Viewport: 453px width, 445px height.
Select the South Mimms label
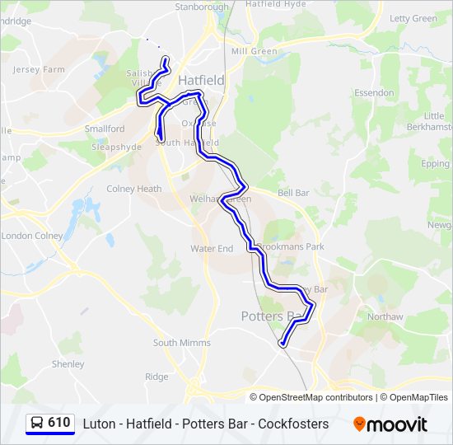pyautogui.click(x=181, y=343)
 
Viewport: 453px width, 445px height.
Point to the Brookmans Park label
pyautogui.click(x=290, y=246)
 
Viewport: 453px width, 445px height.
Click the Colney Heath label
pyautogui.click(x=134, y=189)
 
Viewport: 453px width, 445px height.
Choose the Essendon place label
pyautogui.click(x=374, y=93)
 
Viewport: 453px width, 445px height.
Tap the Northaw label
pyautogui.click(x=385, y=316)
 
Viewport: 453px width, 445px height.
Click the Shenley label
pyautogui.click(x=68, y=363)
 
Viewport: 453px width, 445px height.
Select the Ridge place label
pyautogui.click(x=156, y=377)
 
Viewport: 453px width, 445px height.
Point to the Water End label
pyautogui.click(x=212, y=248)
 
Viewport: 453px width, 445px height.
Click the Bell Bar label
pyautogui.click(x=293, y=193)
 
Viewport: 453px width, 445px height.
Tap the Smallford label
pyautogui.click(x=105, y=129)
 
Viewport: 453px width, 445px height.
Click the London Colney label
pyautogui.click(x=31, y=236)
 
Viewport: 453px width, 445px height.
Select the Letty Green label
pyautogui.click(x=413, y=18)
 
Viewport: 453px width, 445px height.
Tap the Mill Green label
pyautogui.click(x=254, y=51)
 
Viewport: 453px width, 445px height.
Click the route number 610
pyautogui.click(x=59, y=423)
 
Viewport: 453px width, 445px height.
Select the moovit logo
pyautogui.click(x=390, y=424)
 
